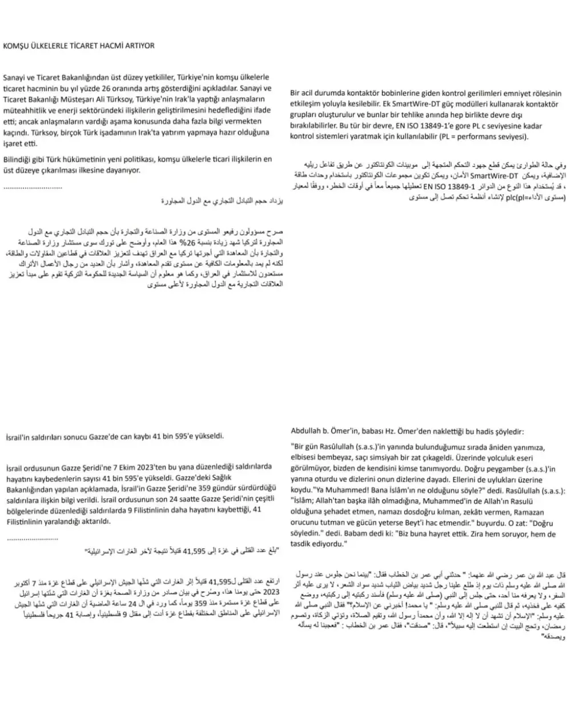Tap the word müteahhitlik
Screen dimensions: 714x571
tap(24, 110)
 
